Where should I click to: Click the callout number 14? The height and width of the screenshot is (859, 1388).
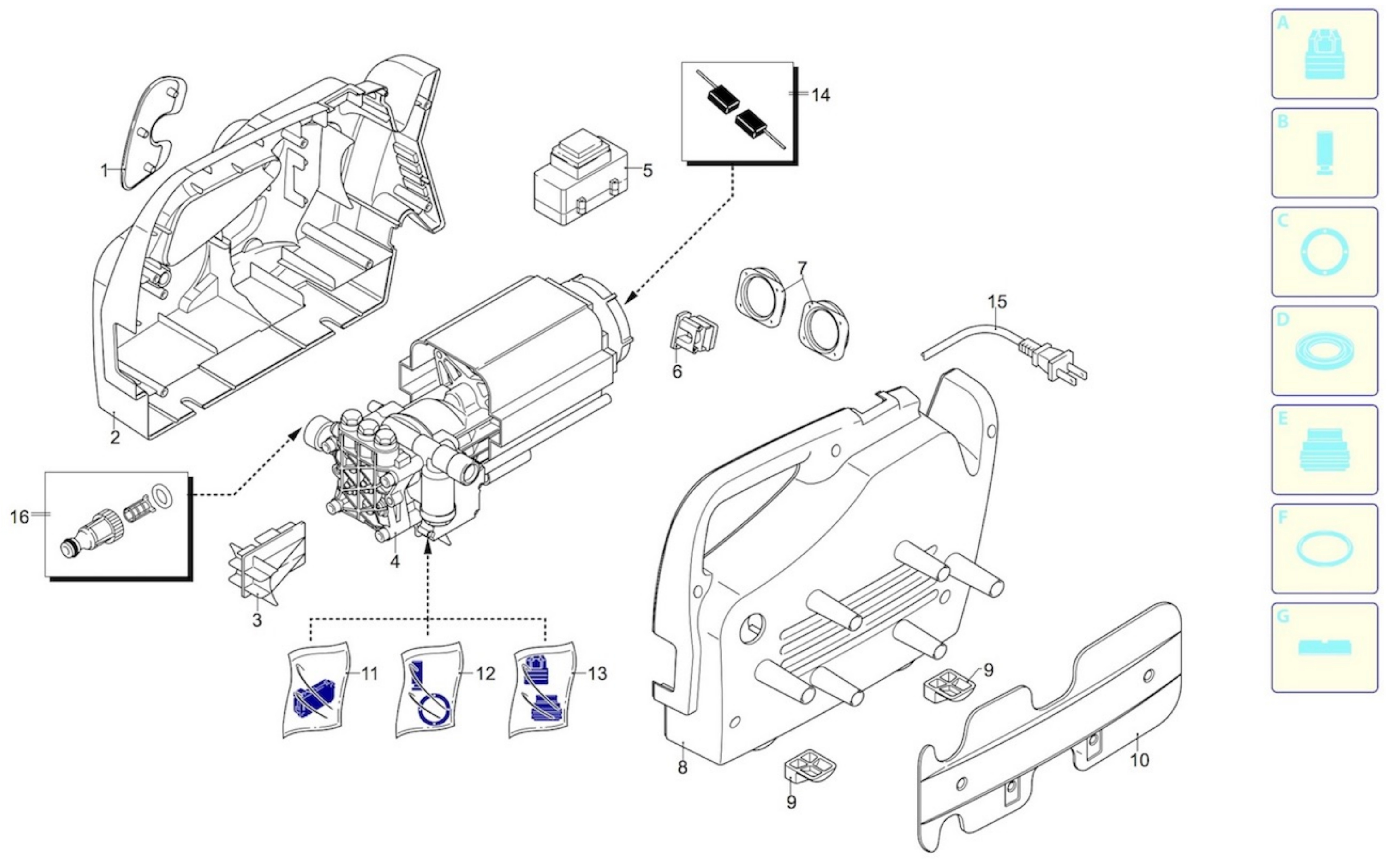coord(820,95)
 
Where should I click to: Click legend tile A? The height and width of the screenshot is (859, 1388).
coord(1324,54)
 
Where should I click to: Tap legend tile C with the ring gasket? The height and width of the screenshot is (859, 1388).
coord(1324,252)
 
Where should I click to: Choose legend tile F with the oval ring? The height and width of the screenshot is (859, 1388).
coord(1324,548)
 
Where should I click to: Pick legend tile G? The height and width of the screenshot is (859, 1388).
coord(1324,647)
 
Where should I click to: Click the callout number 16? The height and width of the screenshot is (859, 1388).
coord(19,517)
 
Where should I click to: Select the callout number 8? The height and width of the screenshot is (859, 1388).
coord(682,767)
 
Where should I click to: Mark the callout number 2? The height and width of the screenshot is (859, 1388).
coord(115,438)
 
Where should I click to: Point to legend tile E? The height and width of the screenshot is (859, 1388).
coord(1324,449)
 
